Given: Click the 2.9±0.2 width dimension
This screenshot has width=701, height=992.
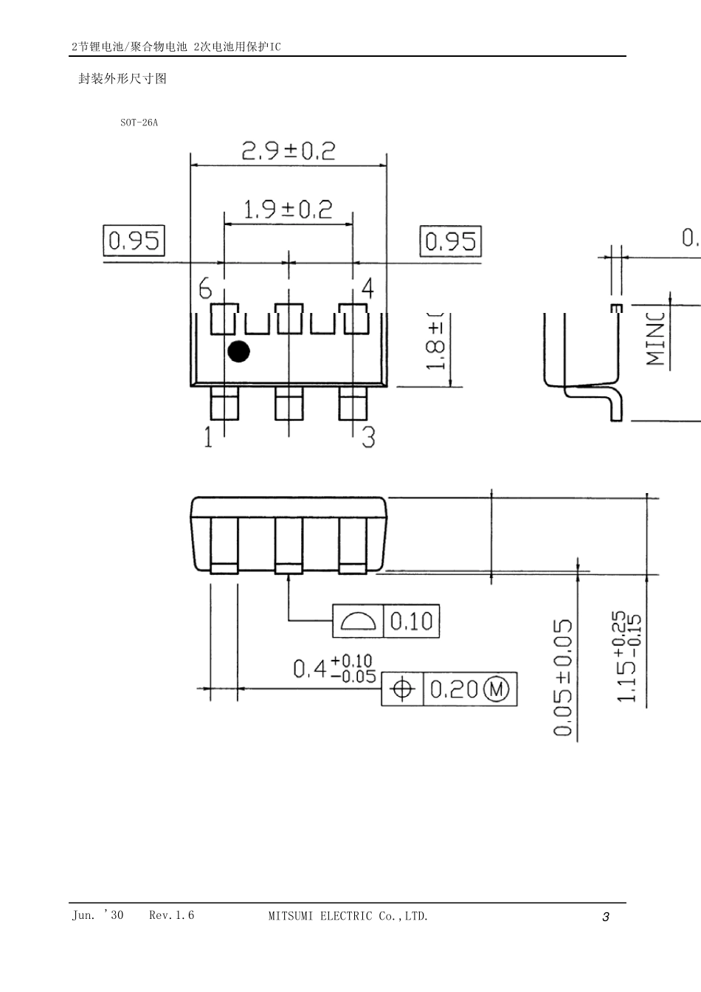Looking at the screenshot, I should click(289, 151).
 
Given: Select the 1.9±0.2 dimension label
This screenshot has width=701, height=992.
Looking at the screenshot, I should click(289, 210).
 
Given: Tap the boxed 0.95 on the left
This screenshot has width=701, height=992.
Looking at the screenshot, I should click(134, 241).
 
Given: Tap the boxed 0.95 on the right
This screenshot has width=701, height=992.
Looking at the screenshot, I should click(451, 241).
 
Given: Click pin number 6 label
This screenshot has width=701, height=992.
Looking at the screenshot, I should click(206, 289).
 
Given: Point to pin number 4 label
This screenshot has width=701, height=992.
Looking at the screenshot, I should click(367, 288).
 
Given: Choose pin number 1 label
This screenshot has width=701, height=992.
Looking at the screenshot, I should click(208, 438).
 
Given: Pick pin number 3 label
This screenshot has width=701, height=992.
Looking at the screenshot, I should click(368, 438).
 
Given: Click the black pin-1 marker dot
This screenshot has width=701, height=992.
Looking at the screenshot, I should click(238, 352).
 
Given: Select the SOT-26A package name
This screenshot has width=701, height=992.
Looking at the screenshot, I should click(139, 123).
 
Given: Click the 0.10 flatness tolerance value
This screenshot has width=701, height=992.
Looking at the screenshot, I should click(411, 621).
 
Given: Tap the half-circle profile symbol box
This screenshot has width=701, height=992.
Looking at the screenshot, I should click(359, 621).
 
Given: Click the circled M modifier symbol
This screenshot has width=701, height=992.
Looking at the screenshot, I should click(497, 689).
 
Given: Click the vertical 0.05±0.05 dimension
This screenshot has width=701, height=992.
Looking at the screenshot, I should click(563, 678).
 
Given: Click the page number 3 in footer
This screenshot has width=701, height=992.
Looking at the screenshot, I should click(606, 917).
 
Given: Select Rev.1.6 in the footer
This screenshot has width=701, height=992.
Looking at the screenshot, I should click(171, 915).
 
